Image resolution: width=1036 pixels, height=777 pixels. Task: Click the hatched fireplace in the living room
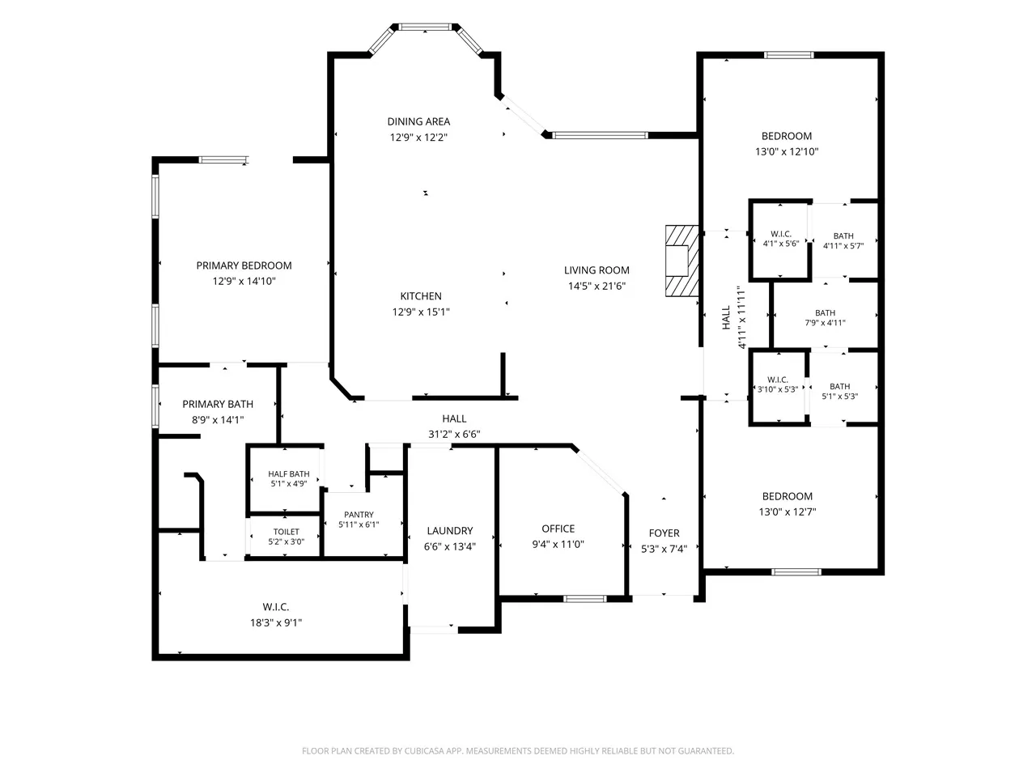[681, 261]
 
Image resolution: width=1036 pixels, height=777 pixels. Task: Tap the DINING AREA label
[418, 121]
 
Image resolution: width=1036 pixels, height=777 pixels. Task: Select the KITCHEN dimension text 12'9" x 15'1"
[421, 312]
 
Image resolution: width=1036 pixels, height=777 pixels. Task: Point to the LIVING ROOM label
[597, 270]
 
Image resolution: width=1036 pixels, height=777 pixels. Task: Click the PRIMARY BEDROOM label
[244, 265]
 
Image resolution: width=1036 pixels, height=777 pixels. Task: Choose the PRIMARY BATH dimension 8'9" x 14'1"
[218, 420]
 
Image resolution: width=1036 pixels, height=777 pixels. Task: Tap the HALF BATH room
[285, 479]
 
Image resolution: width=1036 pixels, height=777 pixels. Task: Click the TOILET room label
[286, 532]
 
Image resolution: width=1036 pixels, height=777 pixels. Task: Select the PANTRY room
[363, 524]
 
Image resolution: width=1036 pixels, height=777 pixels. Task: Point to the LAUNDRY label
[450, 531]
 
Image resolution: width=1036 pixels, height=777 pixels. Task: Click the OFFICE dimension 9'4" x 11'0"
[558, 545]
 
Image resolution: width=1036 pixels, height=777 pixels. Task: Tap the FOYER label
[664, 533]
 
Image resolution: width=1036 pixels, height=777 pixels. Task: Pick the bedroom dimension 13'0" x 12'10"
[787, 152]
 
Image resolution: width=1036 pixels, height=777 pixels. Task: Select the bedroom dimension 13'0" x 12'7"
[788, 512]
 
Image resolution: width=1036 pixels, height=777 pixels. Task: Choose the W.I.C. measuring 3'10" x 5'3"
[778, 387]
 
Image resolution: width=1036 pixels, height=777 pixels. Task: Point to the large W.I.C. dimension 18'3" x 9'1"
[276, 622]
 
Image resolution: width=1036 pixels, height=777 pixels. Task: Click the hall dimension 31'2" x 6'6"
[454, 434]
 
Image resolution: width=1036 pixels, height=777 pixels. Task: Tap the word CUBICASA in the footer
[425, 751]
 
